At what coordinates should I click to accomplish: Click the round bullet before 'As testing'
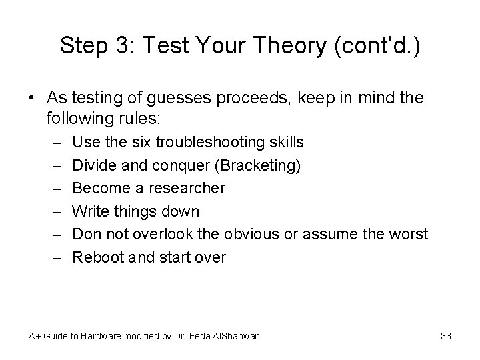33,97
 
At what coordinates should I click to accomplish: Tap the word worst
409,234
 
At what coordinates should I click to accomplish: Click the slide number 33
446,336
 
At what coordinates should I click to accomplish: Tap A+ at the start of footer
34,336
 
